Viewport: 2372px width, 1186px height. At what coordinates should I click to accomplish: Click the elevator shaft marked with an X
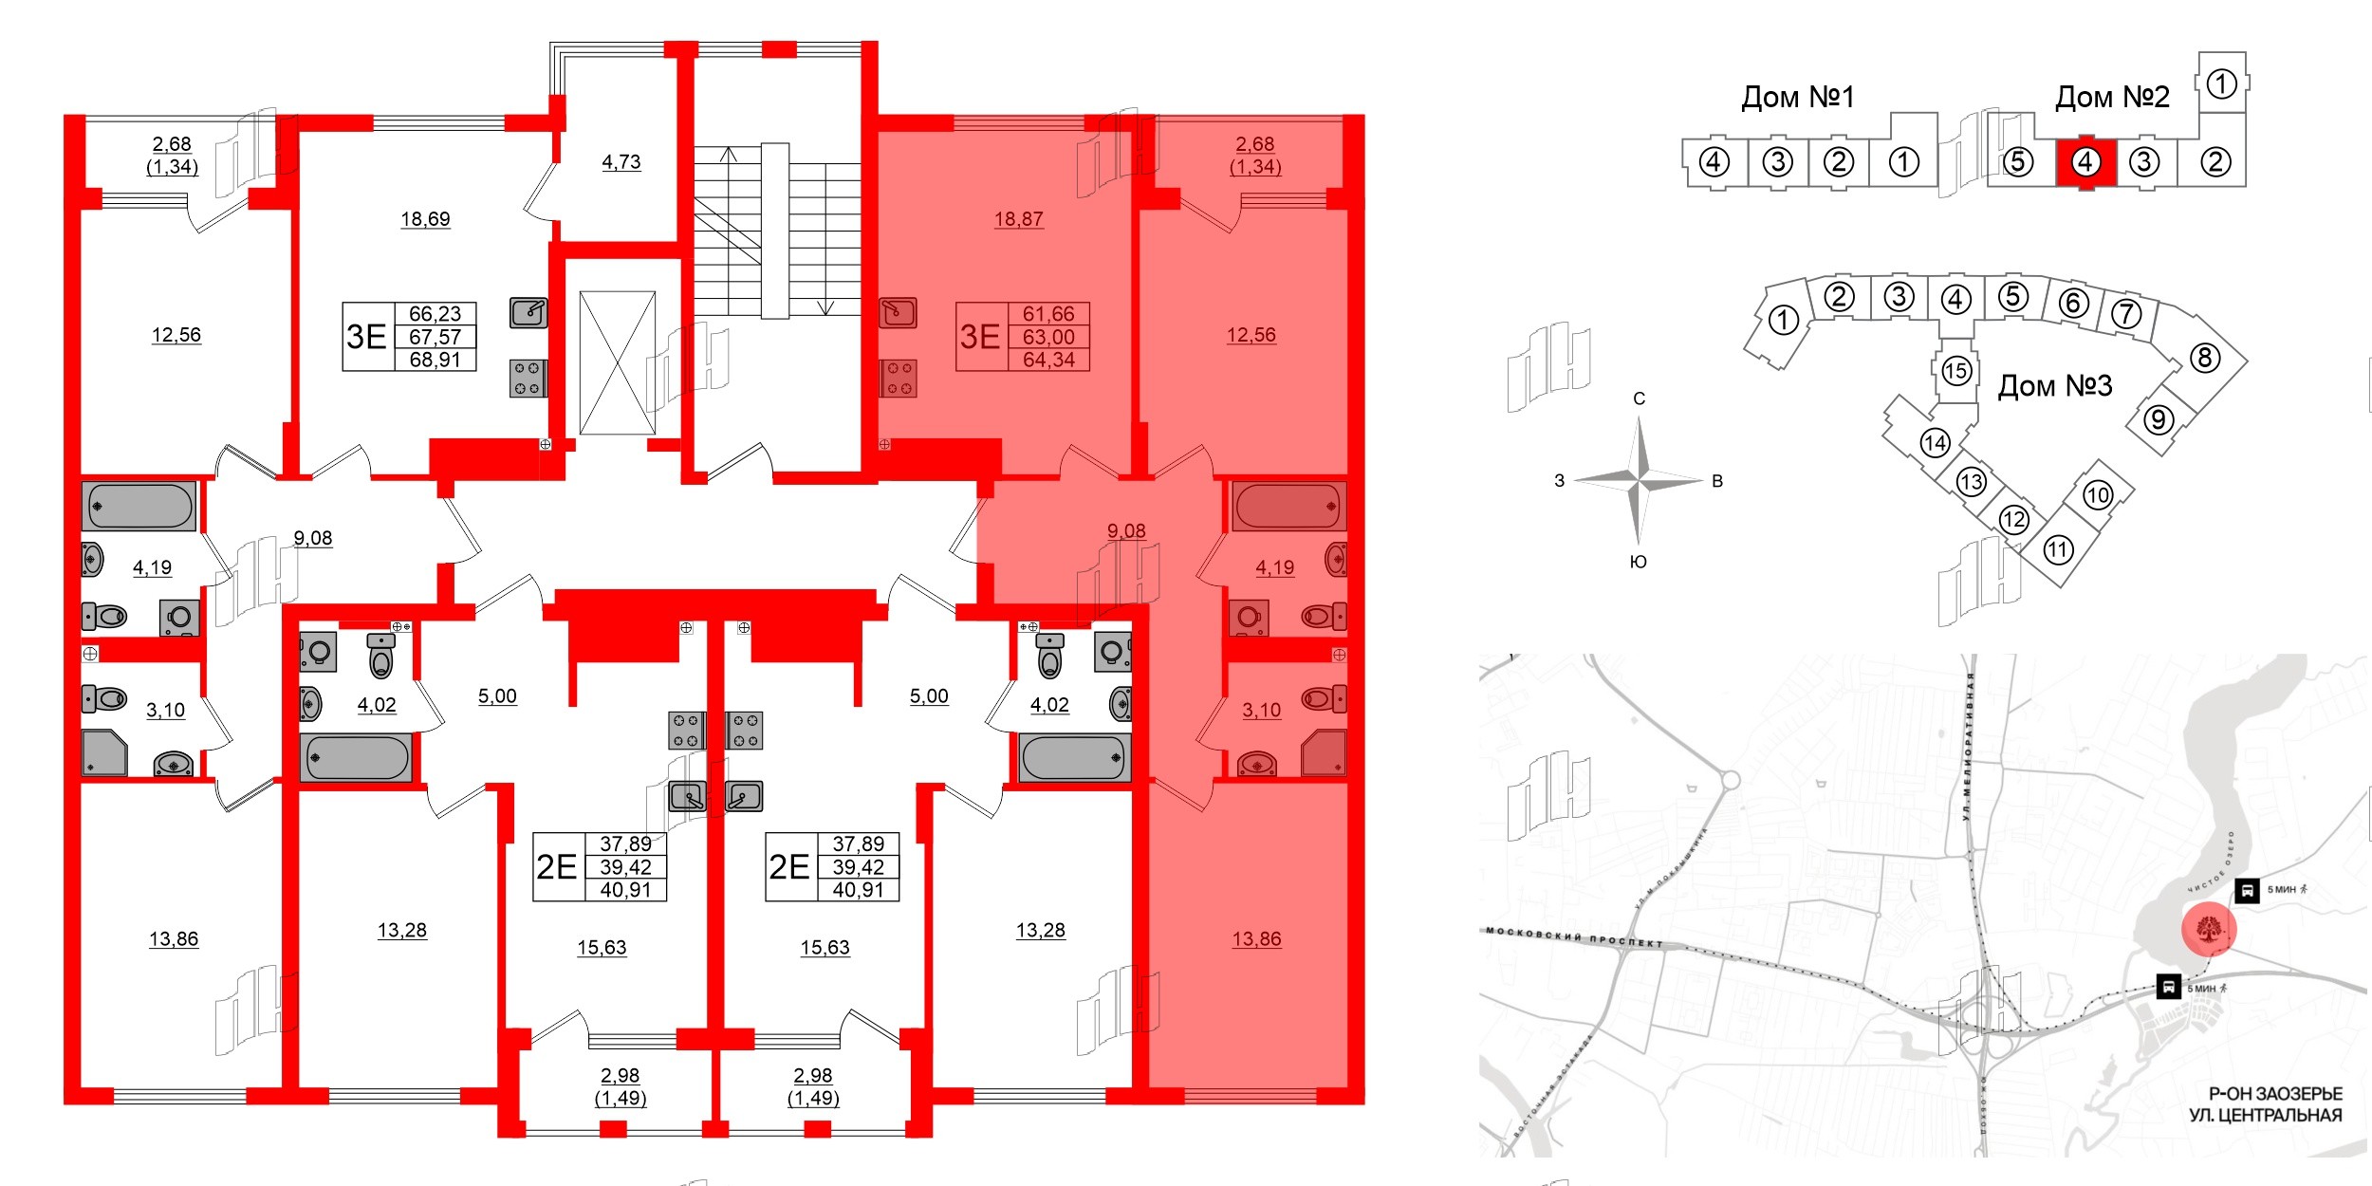617,362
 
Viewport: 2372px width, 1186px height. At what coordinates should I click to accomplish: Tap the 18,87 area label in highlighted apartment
1018,219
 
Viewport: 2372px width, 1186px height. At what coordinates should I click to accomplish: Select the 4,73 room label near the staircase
621,162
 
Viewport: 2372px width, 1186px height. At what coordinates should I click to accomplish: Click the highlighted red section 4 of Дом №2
2085,162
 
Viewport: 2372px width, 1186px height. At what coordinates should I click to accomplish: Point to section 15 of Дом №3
1955,370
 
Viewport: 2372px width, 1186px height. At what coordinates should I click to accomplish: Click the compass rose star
1639,481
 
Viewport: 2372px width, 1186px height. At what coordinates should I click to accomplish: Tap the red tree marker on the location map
2209,930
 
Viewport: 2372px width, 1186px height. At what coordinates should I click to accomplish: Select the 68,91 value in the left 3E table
435,360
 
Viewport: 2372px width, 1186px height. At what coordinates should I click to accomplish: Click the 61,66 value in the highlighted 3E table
1047,314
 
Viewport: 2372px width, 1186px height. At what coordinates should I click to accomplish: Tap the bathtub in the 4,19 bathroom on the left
139,506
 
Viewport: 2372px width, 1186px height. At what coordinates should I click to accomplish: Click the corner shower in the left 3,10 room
103,752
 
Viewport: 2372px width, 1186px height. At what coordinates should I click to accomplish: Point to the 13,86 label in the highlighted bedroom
1256,939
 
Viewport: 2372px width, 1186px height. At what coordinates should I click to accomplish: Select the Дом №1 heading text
1797,97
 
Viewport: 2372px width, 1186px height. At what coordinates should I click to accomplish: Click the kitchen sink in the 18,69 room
528,311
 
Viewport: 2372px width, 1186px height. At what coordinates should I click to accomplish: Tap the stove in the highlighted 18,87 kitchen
898,378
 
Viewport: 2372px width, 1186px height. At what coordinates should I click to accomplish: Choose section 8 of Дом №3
2204,358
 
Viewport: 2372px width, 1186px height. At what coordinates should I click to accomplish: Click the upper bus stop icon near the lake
2247,890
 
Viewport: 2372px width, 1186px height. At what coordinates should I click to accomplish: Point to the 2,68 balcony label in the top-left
172,144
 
